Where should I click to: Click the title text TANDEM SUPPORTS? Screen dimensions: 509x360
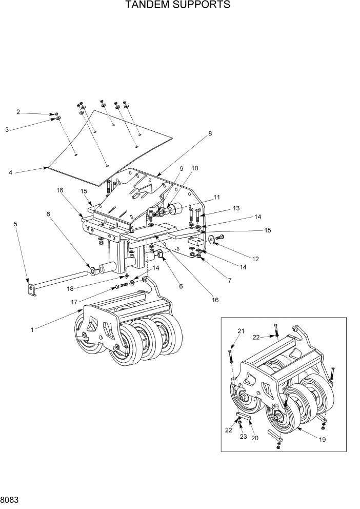[x=178, y=6]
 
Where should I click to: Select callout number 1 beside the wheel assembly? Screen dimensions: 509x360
[x=32, y=330]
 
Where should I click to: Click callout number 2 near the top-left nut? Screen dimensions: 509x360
[x=18, y=112]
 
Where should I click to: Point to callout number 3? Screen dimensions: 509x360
[x=7, y=130]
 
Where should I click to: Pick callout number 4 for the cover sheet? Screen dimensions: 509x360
[x=10, y=172]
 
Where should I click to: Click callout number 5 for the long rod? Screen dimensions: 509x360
[x=15, y=224]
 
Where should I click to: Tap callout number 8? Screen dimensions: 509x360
[x=209, y=134]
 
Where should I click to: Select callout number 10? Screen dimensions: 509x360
[x=195, y=168]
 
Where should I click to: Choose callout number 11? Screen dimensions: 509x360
[x=217, y=197]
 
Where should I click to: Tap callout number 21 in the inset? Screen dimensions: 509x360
[x=242, y=331]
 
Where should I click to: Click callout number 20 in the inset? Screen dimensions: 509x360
[x=255, y=438]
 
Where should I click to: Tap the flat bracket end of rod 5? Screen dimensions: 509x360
[x=32, y=290]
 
